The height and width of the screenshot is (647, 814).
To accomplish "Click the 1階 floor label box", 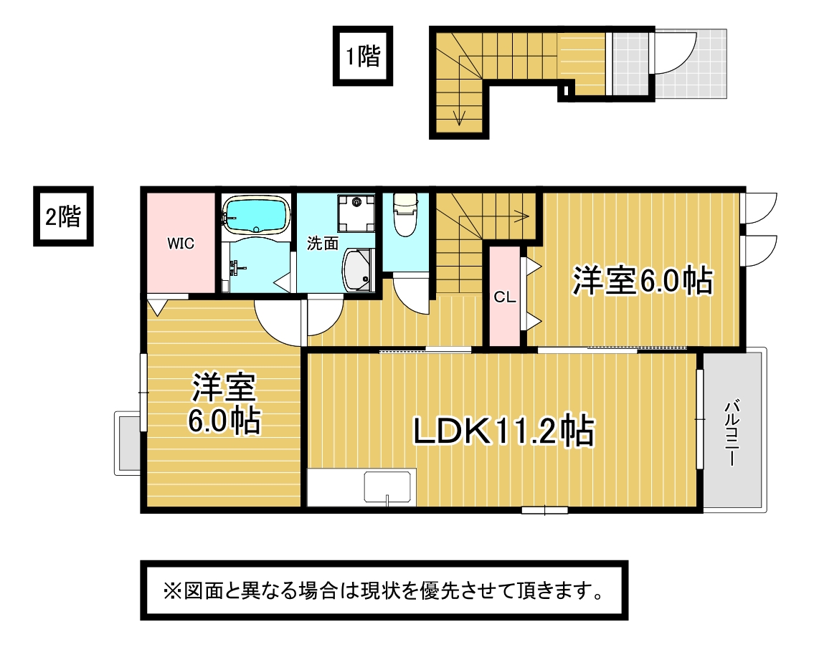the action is tap(362, 55).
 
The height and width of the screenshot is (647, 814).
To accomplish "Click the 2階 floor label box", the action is tap(63, 216).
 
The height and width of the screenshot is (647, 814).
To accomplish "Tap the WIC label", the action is tap(181, 243).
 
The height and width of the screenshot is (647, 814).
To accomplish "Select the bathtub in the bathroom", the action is tap(256, 214).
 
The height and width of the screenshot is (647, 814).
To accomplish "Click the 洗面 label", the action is tap(323, 243).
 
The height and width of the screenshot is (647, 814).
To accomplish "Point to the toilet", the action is tap(405, 214).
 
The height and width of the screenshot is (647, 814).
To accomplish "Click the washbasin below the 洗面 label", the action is tap(358, 270).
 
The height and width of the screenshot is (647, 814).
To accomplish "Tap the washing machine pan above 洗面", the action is tap(356, 213).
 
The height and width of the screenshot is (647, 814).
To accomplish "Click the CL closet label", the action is tap(505, 297).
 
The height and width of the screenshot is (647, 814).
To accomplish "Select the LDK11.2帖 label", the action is tap(503, 430).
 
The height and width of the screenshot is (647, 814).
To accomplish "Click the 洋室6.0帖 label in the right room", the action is tap(642, 281).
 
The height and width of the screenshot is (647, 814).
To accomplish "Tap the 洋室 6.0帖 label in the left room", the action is tap(224, 403).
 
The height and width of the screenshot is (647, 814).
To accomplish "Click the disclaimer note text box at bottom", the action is tap(384, 590).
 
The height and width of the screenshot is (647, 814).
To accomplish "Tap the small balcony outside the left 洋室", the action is tap(128, 443).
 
